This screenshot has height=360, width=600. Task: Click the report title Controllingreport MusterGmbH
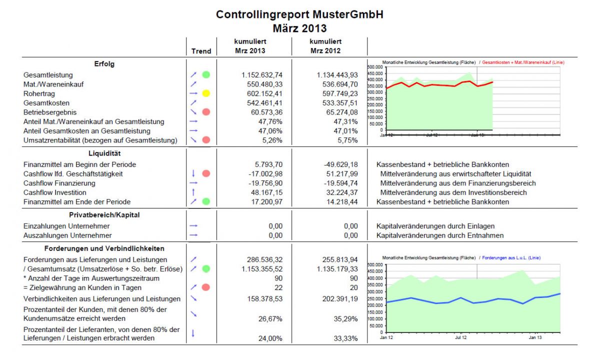299,15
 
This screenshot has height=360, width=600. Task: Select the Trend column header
201,51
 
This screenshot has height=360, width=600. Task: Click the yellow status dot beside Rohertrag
206,93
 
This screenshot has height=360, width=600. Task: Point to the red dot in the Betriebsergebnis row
206,112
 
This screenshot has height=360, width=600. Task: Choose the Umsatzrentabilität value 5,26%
272,140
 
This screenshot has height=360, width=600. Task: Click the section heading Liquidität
104,153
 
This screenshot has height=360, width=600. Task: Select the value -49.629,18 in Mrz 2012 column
340,164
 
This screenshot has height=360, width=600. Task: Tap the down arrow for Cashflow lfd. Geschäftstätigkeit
193,174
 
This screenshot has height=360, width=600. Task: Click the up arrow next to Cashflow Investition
193,192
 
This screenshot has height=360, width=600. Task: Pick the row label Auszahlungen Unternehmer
67,235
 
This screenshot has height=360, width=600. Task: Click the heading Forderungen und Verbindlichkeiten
104,248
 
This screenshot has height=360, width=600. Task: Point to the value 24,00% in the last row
270,338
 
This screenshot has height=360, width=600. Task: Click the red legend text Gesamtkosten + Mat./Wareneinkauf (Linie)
521,62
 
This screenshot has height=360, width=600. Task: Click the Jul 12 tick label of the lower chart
460,338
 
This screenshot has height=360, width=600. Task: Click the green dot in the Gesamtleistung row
206,75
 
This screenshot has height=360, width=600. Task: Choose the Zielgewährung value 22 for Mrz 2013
278,287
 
